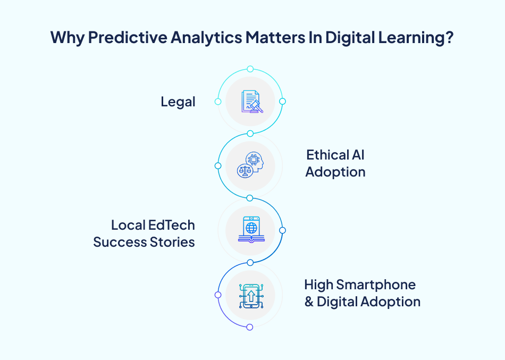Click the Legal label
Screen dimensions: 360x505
coord(178,102)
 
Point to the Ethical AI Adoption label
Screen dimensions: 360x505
coord(335,163)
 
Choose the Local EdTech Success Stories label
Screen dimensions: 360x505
coord(144,233)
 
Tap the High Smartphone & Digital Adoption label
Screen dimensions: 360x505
coord(362,293)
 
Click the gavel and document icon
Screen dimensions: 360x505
coord(250,101)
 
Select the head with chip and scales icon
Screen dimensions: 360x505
coord(250,165)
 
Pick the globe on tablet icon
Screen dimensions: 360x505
coord(250,230)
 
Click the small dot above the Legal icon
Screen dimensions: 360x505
coord(250,69)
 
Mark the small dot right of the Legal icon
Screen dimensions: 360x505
coord(282,101)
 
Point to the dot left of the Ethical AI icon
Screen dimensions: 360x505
coord(217,166)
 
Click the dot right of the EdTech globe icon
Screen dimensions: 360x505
coord(282,230)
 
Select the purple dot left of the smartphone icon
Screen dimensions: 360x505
coord(217,295)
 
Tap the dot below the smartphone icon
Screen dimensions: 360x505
coord(250,327)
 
